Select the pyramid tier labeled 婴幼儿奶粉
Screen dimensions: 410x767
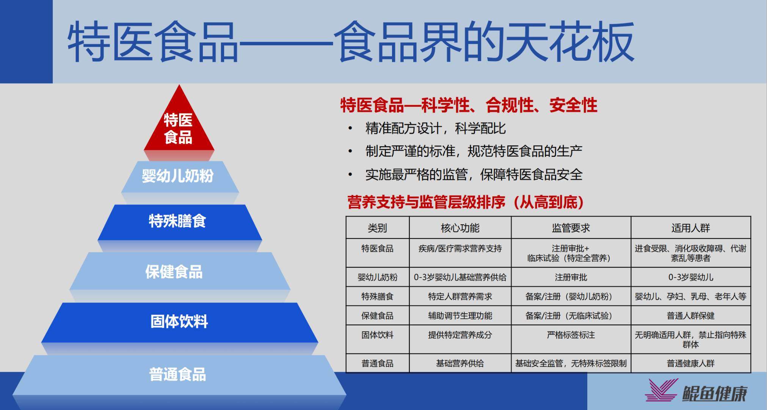178,176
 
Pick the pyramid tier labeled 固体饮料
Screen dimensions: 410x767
179,322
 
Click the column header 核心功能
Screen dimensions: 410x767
460,228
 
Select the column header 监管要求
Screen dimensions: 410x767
571,228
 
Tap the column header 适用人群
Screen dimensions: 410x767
690,228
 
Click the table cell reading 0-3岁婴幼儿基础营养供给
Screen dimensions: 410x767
460,277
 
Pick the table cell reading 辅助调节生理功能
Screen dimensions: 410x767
460,315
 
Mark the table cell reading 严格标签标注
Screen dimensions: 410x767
571,335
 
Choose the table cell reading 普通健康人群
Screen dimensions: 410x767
690,363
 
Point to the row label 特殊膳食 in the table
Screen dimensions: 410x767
377,296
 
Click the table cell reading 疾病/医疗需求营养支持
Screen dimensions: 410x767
460,249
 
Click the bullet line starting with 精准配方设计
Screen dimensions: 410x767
435,129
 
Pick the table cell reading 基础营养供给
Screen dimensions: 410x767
460,363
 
